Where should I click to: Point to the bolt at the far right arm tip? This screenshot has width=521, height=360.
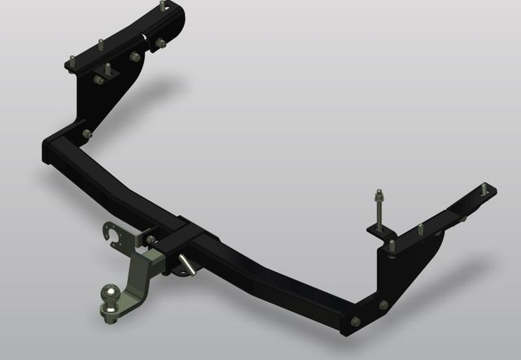click(x=485, y=190)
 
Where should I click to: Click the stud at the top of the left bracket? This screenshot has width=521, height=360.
click(x=163, y=7)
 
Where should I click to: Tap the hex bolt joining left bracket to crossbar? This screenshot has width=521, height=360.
click(x=87, y=134)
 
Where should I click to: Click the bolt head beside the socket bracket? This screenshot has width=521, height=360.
click(x=151, y=239)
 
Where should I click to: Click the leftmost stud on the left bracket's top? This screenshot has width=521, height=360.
click(x=72, y=61)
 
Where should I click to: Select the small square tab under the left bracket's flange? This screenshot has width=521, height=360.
click(x=103, y=78)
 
